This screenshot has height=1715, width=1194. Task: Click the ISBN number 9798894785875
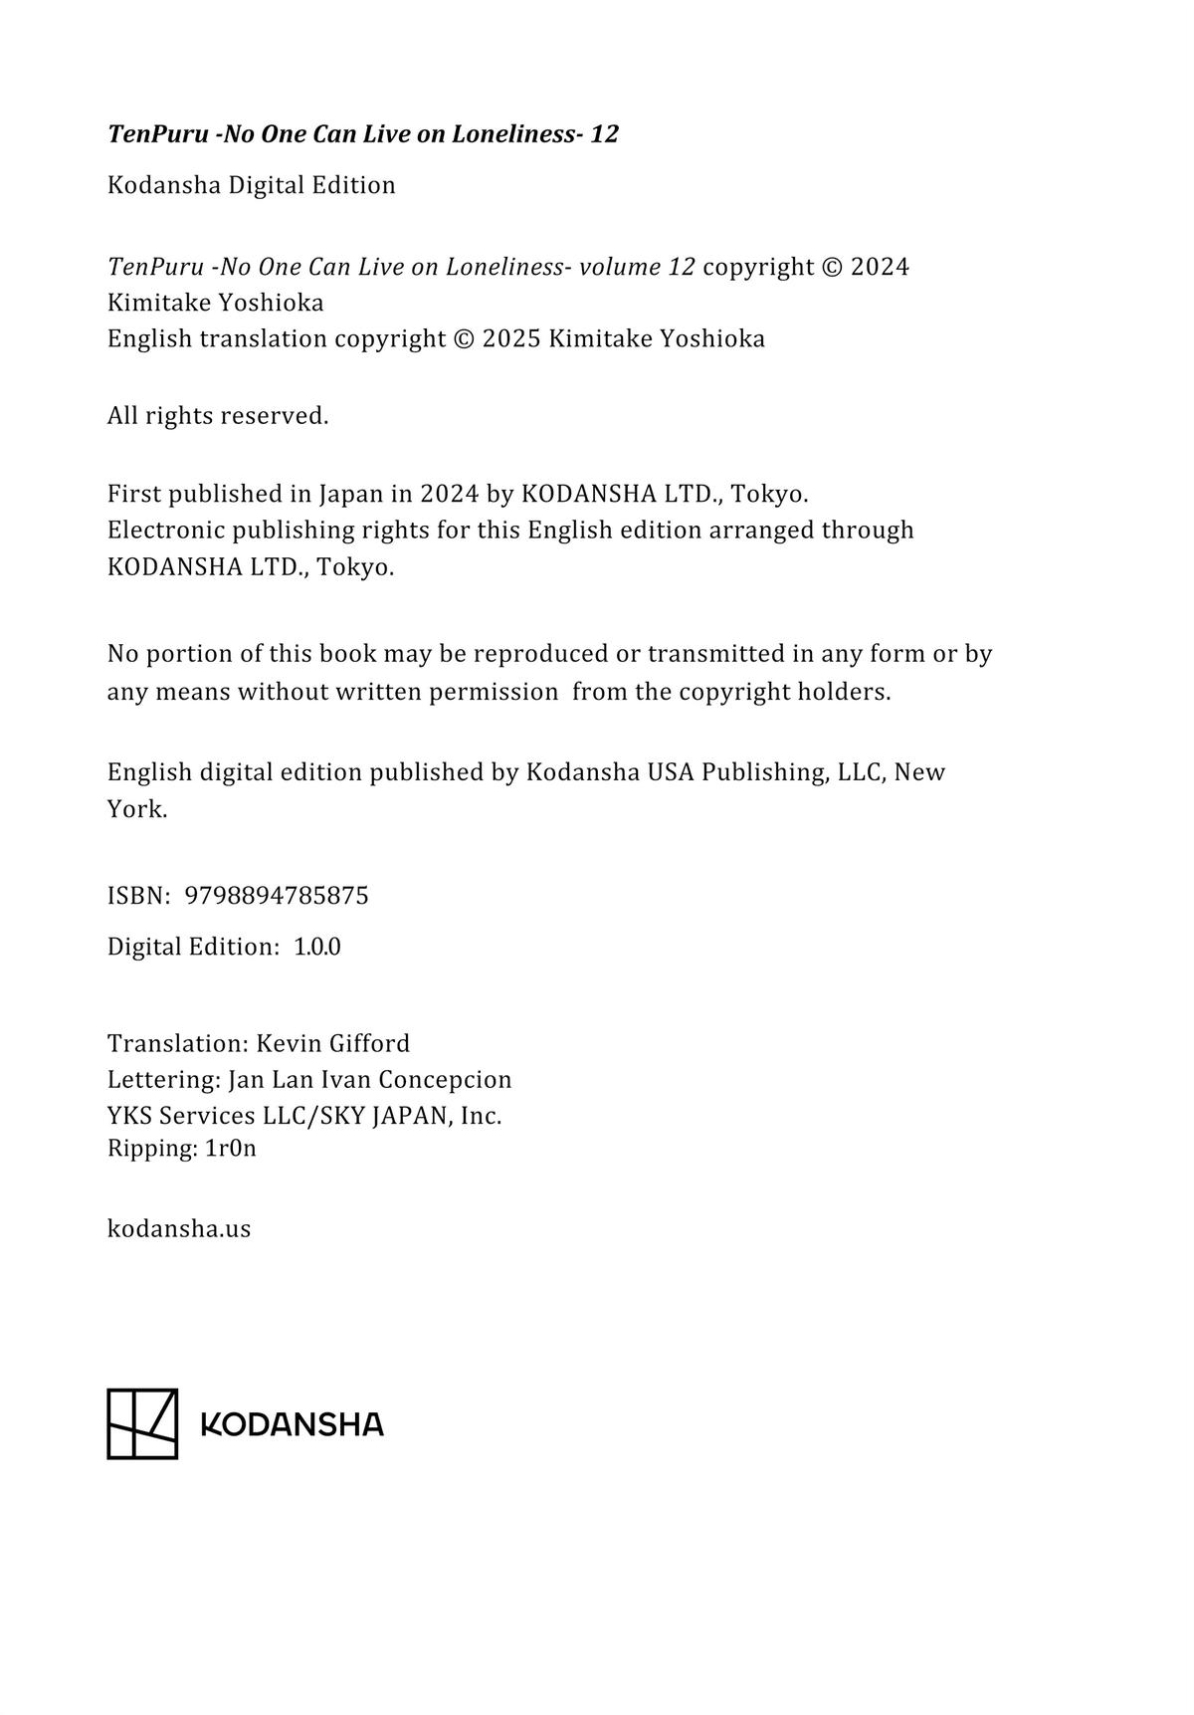tap(277, 896)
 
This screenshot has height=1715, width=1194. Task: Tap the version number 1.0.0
tap(317, 947)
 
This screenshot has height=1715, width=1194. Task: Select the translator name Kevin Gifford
tap(333, 1043)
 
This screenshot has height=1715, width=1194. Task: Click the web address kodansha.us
tap(179, 1228)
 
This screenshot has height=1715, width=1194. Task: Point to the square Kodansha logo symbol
tap(142, 1423)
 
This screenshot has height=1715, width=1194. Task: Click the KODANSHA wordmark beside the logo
tap(293, 1424)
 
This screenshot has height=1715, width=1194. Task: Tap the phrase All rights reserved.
tap(218, 416)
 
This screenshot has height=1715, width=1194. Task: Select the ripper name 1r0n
tap(231, 1149)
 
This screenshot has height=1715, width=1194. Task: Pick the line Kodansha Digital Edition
tap(252, 185)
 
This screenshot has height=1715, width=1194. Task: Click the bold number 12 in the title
tap(604, 134)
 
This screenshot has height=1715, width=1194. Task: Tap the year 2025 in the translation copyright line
tap(511, 339)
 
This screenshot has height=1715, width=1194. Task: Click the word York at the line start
tap(136, 809)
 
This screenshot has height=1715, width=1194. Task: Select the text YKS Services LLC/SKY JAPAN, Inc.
tap(304, 1116)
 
